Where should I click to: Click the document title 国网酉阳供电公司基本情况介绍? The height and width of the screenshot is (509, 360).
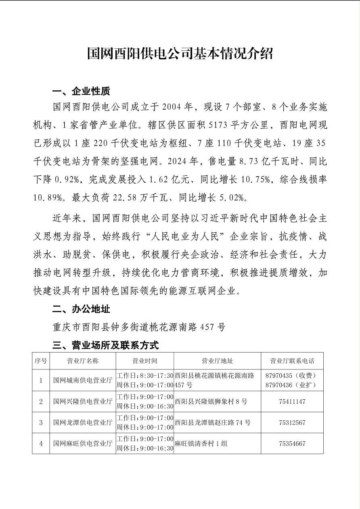180,53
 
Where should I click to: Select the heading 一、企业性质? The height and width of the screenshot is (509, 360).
81,91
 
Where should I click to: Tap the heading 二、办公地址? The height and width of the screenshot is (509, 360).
81,309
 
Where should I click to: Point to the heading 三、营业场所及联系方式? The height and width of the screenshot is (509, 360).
105,345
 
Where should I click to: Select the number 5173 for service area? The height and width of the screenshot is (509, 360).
218,125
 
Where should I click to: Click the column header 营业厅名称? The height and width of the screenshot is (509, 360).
82,361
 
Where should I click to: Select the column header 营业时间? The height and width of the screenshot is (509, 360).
144,361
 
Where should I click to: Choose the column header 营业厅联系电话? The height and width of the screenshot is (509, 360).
292,361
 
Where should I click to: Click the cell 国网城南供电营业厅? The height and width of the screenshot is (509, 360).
82,380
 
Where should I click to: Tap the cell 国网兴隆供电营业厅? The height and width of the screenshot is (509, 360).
82,401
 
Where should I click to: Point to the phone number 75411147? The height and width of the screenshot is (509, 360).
292,402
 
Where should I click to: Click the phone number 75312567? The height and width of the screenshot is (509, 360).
292,423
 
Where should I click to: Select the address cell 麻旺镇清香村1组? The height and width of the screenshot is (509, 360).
201,444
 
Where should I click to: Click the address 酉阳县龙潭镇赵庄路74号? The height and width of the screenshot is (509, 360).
213,423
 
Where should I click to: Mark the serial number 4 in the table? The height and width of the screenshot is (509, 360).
41,444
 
